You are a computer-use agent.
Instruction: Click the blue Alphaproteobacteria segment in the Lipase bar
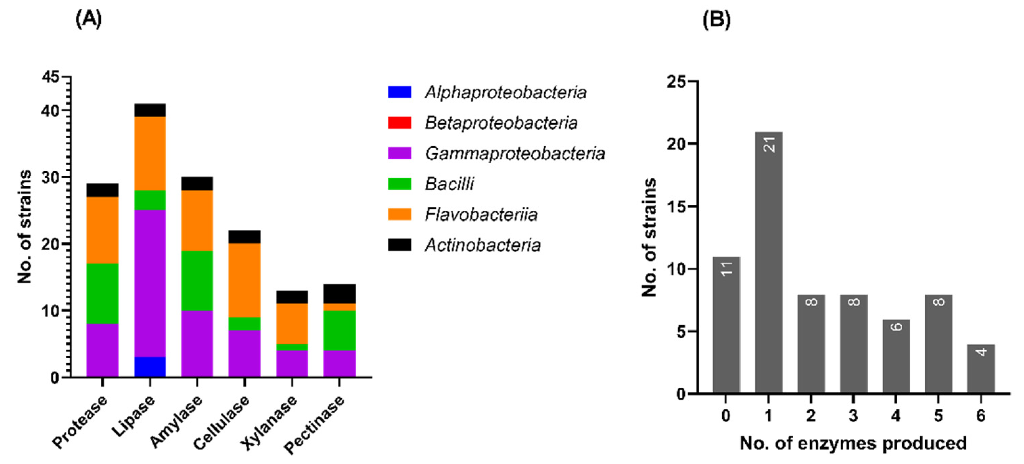click(150, 367)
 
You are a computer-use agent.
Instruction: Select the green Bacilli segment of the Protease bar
click(102, 294)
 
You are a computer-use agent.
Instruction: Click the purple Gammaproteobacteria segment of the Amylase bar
click(197, 344)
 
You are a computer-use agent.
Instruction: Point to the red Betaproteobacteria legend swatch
click(399, 122)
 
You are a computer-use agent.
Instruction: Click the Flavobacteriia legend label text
click(481, 214)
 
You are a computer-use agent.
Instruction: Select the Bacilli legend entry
click(449, 184)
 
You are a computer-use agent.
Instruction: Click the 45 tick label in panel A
click(50, 77)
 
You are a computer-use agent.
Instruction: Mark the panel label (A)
click(88, 19)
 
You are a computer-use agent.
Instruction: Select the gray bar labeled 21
click(769, 262)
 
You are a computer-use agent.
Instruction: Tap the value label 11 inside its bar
click(727, 269)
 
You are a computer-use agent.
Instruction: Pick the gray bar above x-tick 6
click(981, 369)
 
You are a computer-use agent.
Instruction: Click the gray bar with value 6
click(896, 357)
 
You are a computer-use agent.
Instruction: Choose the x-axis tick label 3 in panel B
click(854, 416)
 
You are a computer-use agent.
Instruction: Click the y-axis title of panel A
click(25, 227)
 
